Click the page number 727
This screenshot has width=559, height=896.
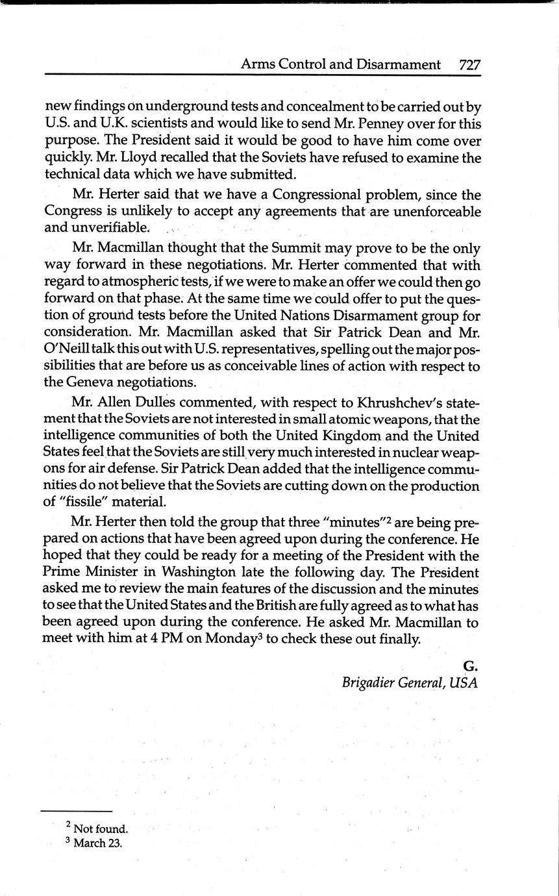(x=469, y=64)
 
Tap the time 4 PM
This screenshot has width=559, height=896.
(x=164, y=640)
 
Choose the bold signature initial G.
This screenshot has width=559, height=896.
(x=471, y=666)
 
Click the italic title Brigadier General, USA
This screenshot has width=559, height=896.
(x=410, y=683)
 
